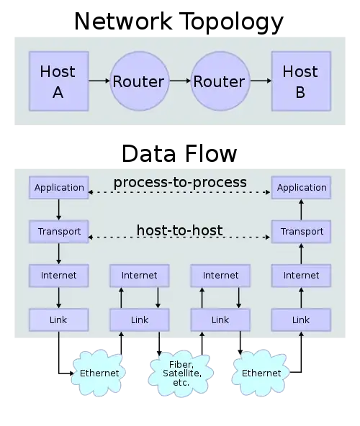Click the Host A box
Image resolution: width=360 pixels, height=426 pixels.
click(58, 81)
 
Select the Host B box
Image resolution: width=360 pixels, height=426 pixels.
click(300, 81)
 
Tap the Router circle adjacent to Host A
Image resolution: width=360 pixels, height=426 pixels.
click(138, 81)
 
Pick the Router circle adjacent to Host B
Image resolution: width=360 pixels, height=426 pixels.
click(220, 81)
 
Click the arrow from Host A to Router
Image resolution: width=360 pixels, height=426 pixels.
click(99, 81)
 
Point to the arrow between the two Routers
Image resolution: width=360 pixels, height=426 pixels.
click(179, 81)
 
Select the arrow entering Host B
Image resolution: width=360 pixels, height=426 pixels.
click(260, 81)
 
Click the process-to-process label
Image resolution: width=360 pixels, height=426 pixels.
click(179, 182)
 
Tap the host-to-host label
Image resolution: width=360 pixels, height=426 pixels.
click(179, 231)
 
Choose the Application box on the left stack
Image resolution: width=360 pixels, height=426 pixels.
click(59, 188)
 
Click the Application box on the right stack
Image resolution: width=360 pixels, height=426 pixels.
click(301, 188)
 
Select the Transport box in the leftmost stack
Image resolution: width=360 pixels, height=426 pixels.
click(59, 232)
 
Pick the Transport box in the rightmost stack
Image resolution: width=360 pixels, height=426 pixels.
click(301, 232)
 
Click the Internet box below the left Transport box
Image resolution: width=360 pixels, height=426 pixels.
click(59, 276)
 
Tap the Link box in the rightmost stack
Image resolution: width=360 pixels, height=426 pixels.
click(301, 319)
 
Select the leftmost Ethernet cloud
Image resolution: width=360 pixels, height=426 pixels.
click(99, 373)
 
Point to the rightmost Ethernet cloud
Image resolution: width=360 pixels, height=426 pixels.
click(261, 373)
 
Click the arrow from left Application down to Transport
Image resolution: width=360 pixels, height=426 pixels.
click(59, 210)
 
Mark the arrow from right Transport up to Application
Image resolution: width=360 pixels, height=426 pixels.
click(301, 210)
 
